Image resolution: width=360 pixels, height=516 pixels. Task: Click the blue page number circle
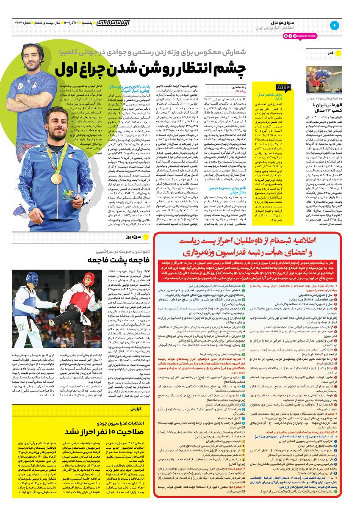(334, 25)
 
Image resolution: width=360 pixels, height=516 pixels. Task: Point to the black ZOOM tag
(284, 88)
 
